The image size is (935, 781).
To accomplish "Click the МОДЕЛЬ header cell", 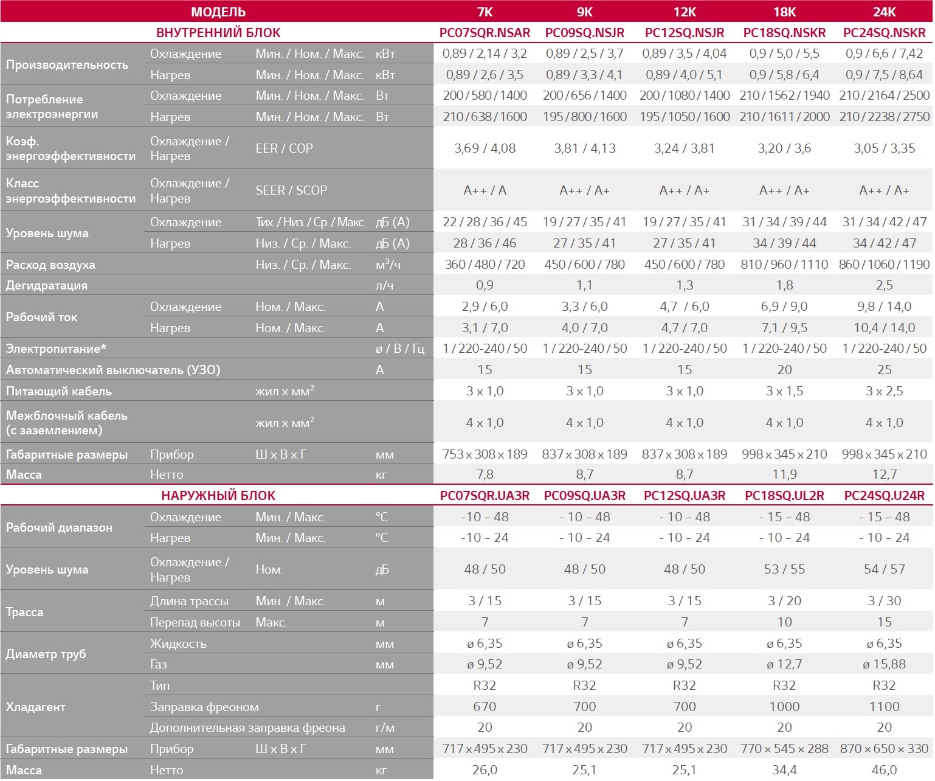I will [218, 12].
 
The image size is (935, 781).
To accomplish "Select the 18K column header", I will [784, 12].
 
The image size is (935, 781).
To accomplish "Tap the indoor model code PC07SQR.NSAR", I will [485, 33].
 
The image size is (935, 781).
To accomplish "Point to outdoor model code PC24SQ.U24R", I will [884, 496].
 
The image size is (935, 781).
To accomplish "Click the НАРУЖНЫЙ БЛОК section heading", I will [218, 496].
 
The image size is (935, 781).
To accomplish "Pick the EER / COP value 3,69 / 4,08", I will [485, 148].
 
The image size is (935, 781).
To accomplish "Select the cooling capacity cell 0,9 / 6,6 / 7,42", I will [884, 54].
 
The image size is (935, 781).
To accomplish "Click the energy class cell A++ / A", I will [485, 190].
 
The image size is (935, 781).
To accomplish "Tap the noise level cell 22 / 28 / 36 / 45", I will [485, 222].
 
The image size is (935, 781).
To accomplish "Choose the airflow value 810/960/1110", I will [784, 265].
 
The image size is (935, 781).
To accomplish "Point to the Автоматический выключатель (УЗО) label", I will [113, 370].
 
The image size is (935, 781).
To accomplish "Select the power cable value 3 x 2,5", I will [884, 391].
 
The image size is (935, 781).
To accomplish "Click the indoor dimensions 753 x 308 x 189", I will [485, 454].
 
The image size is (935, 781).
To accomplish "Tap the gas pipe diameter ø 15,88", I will [884, 664].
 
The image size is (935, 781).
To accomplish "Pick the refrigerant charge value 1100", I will [884, 707].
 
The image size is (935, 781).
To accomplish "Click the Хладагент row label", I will [35, 707].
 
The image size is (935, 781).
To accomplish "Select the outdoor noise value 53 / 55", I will [784, 569].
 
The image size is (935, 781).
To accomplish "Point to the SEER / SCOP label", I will [291, 190].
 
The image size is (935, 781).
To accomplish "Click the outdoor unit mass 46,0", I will [884, 770].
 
